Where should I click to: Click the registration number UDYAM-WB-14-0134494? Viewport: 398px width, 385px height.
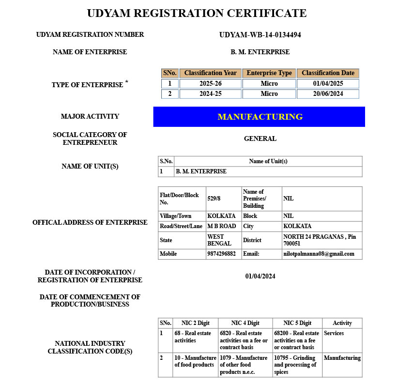pyautogui.click(x=260, y=35)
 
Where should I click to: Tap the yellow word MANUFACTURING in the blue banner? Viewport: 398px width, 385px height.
pyautogui.click(x=260, y=117)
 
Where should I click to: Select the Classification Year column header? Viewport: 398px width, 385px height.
pyautogui.click(x=210, y=73)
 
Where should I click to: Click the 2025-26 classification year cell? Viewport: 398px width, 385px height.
pyautogui.click(x=210, y=84)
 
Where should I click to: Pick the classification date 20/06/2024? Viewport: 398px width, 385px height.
pyautogui.click(x=328, y=94)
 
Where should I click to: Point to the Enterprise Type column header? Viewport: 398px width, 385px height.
pyautogui.click(x=269, y=73)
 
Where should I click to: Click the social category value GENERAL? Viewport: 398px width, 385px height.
pyautogui.click(x=260, y=139)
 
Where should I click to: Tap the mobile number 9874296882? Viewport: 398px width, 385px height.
pyautogui.click(x=221, y=254)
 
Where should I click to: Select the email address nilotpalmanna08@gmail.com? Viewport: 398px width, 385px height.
pyautogui.click(x=319, y=254)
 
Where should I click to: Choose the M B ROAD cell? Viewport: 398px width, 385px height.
pyautogui.click(x=221, y=226)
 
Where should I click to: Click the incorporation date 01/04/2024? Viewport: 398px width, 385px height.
pyautogui.click(x=260, y=276)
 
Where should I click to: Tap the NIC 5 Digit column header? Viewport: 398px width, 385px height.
pyautogui.click(x=297, y=323)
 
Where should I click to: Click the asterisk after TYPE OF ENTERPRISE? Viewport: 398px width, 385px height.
pyautogui.click(x=127, y=82)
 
